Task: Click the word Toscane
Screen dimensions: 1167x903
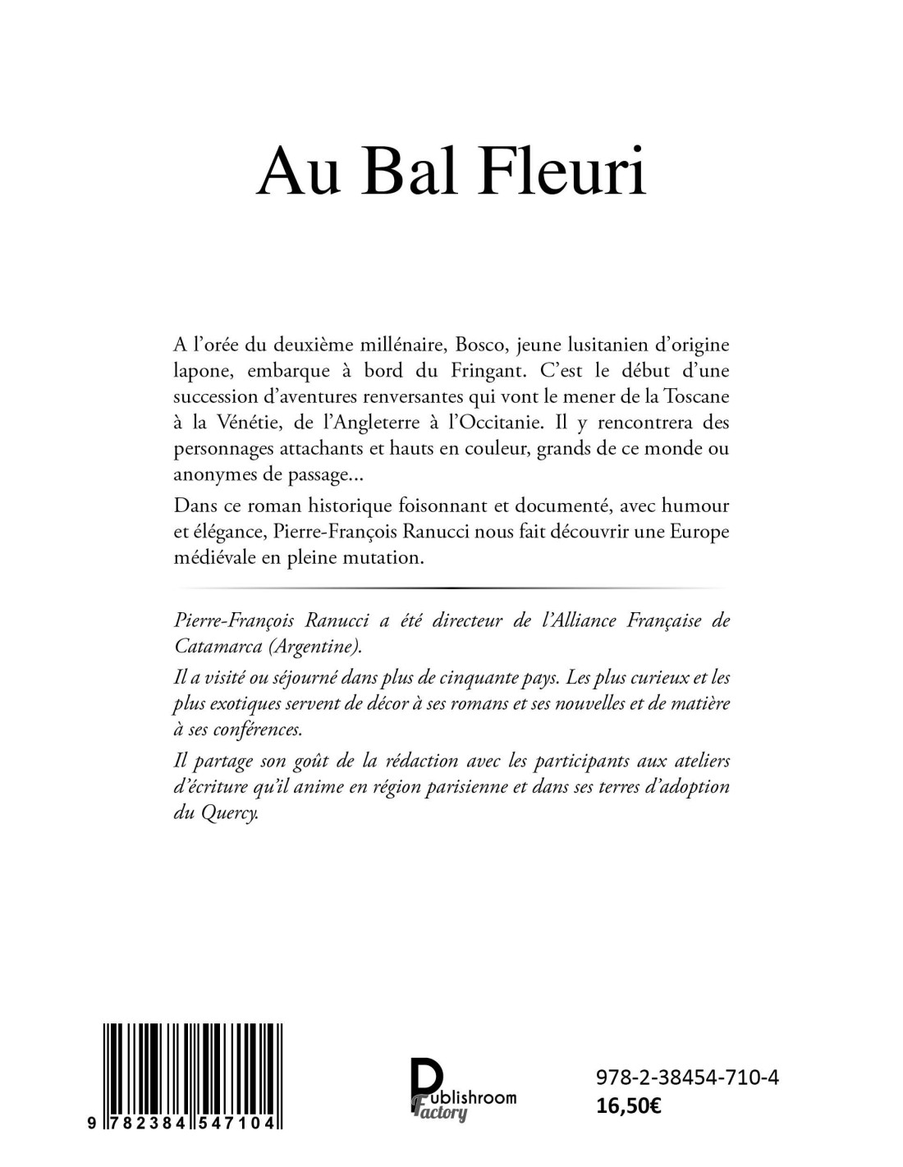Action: pos(691,396)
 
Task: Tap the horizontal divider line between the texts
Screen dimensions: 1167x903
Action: pos(451,588)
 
